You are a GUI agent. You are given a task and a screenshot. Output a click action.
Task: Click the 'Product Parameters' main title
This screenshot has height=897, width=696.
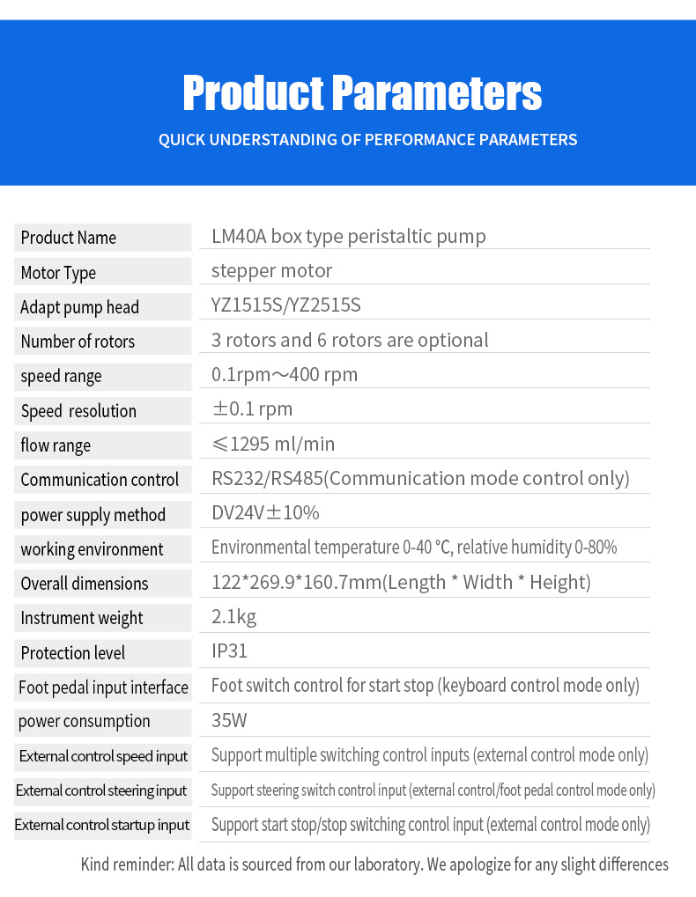(x=362, y=93)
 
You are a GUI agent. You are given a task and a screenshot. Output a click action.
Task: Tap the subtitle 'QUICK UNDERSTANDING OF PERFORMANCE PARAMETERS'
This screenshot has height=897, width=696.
(x=367, y=139)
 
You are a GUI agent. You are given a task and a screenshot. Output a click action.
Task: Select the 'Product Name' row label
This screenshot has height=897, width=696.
(x=69, y=238)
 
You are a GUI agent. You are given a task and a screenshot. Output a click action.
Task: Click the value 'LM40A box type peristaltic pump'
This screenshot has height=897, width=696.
(x=348, y=236)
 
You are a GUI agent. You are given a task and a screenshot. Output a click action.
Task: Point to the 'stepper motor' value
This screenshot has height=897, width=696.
(x=271, y=270)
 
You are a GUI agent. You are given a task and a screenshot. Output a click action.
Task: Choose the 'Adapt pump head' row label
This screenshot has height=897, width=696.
(x=80, y=307)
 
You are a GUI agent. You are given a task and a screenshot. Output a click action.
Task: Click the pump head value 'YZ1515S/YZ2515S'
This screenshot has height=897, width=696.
(x=285, y=305)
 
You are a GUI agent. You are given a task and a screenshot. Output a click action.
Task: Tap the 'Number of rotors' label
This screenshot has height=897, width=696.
(x=78, y=342)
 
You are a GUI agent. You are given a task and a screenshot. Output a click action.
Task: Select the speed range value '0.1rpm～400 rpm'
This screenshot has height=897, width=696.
(x=285, y=375)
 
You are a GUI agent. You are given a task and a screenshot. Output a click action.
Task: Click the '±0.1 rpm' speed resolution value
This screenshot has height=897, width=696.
(x=252, y=409)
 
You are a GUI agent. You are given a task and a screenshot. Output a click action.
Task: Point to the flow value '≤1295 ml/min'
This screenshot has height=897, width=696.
(x=273, y=445)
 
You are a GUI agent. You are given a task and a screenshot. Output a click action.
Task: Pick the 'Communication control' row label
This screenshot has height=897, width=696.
(x=100, y=480)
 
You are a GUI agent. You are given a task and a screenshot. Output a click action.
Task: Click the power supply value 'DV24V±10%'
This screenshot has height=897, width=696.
(x=265, y=513)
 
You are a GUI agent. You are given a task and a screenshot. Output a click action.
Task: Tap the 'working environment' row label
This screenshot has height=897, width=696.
(x=93, y=549)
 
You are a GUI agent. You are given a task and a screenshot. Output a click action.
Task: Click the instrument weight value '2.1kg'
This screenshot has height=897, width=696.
(x=233, y=617)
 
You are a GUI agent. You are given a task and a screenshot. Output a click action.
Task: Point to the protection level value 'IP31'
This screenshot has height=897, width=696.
(x=229, y=651)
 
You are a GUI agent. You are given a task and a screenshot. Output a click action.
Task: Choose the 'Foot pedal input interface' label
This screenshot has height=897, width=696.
(x=103, y=687)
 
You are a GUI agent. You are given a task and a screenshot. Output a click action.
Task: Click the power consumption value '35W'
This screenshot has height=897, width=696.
(x=229, y=721)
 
